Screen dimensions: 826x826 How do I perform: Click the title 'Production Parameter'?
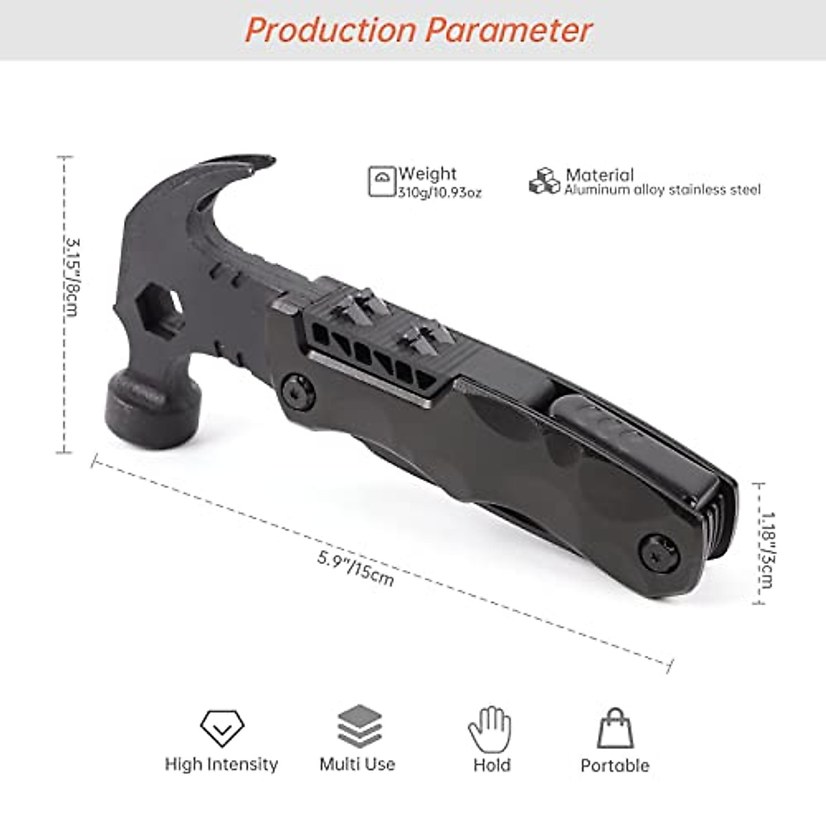418,30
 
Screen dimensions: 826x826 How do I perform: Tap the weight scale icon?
382,182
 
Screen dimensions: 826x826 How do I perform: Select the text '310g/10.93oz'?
440,193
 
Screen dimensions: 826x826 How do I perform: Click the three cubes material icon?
544,181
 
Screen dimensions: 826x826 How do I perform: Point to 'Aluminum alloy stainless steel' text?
662,191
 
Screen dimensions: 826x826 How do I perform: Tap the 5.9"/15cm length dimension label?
356,569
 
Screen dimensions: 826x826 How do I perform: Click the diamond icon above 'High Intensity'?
222,727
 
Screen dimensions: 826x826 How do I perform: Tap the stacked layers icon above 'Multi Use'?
359,727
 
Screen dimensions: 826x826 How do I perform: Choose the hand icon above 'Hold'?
490,728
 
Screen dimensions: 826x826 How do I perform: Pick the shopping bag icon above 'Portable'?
614,728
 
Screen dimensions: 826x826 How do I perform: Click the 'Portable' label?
615,765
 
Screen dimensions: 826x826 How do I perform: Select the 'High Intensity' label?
221,764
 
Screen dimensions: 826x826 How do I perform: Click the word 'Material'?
599,175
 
